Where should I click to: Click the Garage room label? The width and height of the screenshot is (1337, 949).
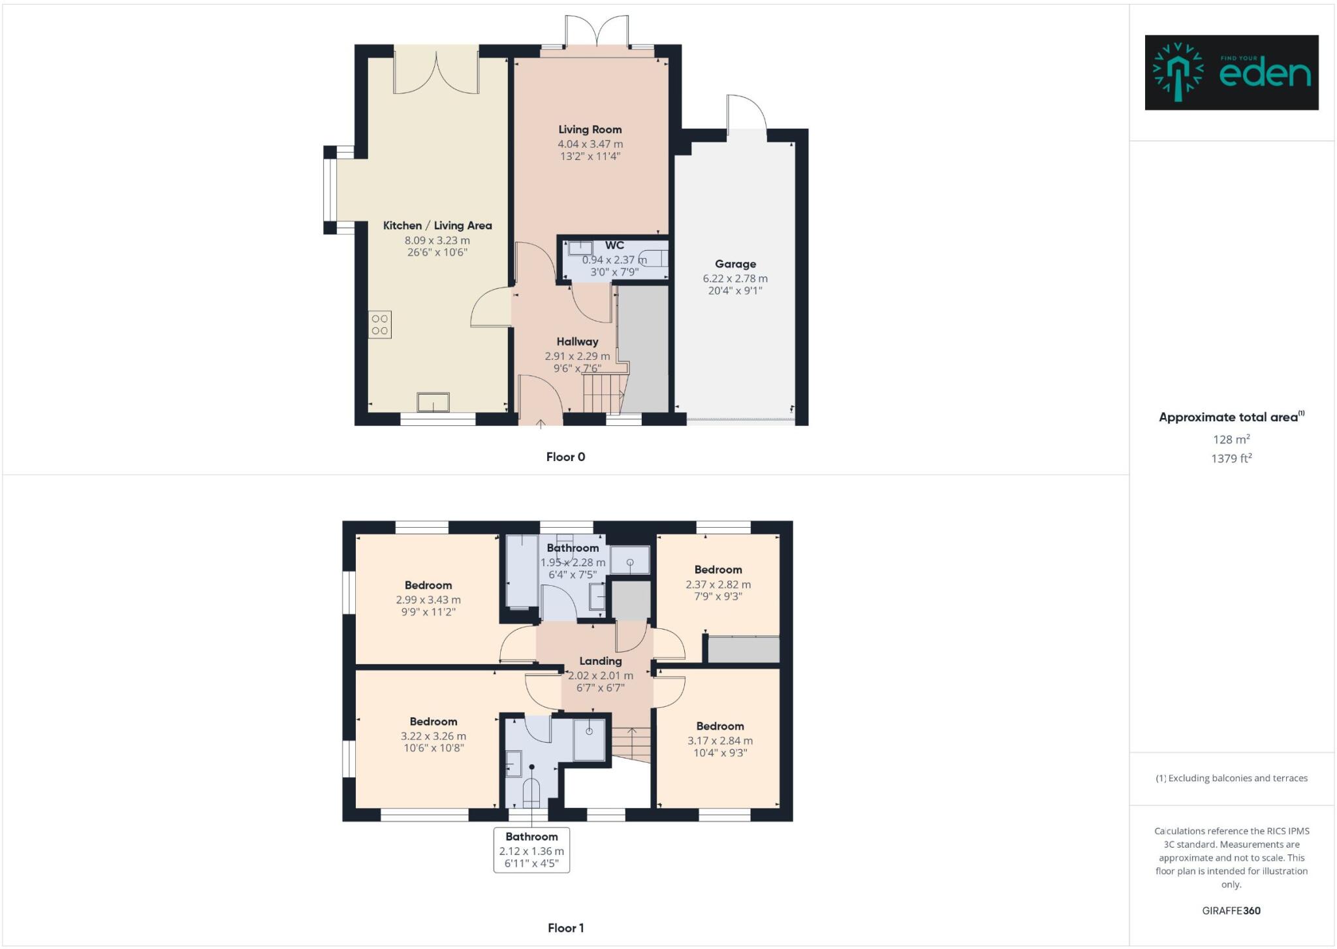pos(735,264)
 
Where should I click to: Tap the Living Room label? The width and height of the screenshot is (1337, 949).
pos(590,129)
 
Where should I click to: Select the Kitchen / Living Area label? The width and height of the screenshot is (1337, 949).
pos(437,225)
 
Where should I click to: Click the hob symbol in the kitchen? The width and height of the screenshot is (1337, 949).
pos(379,325)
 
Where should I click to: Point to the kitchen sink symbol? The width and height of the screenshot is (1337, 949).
pos(433,402)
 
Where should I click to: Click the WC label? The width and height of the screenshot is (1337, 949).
pos(614,246)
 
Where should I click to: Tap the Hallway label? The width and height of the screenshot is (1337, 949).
pos(577,342)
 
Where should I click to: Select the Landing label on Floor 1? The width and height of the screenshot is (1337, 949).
pos(600,661)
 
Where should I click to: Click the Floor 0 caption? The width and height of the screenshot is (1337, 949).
pos(565,457)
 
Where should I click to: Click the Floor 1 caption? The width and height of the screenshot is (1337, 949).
pos(565,928)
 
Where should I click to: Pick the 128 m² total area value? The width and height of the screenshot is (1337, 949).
pos(1231,440)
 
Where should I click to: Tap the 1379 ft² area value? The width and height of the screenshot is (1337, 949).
pos(1231,458)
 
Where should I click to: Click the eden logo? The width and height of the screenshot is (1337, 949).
pos(1231,72)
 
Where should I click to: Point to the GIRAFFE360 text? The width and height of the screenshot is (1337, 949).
pos(1231,910)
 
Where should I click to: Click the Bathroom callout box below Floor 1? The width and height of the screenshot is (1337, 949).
pos(531,850)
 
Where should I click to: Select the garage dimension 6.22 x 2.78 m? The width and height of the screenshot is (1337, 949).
pos(735,279)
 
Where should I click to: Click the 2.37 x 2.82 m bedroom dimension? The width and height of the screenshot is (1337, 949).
pos(718,585)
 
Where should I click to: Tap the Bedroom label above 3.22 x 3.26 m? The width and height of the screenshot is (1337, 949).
pos(433,722)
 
